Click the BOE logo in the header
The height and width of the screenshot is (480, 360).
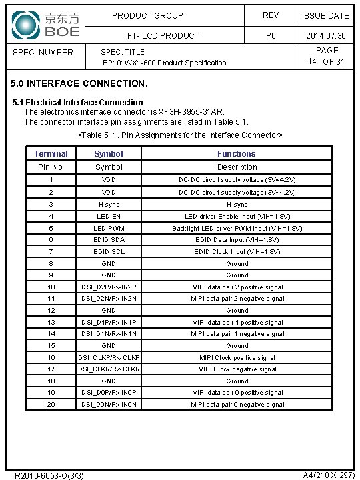[45, 24]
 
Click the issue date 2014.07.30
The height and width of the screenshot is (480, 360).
[325, 36]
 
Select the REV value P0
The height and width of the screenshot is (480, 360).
[271, 36]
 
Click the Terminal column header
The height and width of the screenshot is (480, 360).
[51, 154]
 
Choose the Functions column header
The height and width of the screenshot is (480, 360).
[237, 154]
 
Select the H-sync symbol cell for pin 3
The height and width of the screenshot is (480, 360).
[109, 205]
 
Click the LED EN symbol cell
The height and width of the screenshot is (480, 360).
[109, 217]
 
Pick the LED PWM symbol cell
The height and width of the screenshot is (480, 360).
[109, 228]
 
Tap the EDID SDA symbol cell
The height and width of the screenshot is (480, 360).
[109, 240]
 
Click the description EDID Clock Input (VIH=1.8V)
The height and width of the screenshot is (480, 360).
[237, 252]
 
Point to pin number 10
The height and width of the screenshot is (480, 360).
[51, 287]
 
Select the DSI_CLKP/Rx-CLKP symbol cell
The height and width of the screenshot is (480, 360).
[109, 358]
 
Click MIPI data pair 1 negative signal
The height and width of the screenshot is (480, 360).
[237, 334]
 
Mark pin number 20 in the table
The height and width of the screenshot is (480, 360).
[51, 405]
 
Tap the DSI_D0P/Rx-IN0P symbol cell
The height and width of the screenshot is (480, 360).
[109, 393]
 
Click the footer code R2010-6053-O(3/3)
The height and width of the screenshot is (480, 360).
[49, 475]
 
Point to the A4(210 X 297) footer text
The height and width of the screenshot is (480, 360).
[328, 475]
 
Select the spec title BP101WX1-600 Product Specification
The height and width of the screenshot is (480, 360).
[164, 63]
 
